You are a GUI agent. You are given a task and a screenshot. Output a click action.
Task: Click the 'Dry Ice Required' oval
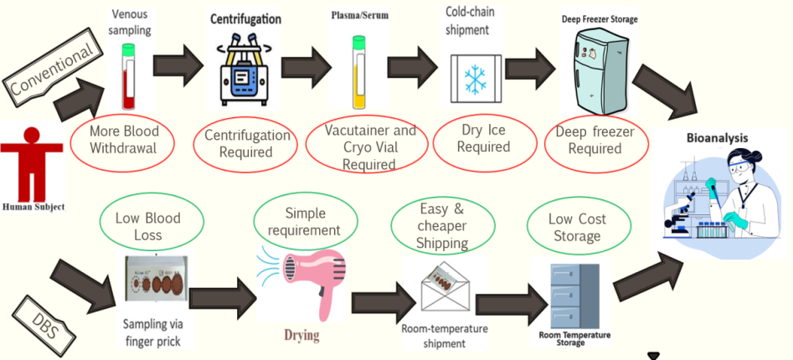485,139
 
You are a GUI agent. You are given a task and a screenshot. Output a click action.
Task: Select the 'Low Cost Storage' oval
577,227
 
